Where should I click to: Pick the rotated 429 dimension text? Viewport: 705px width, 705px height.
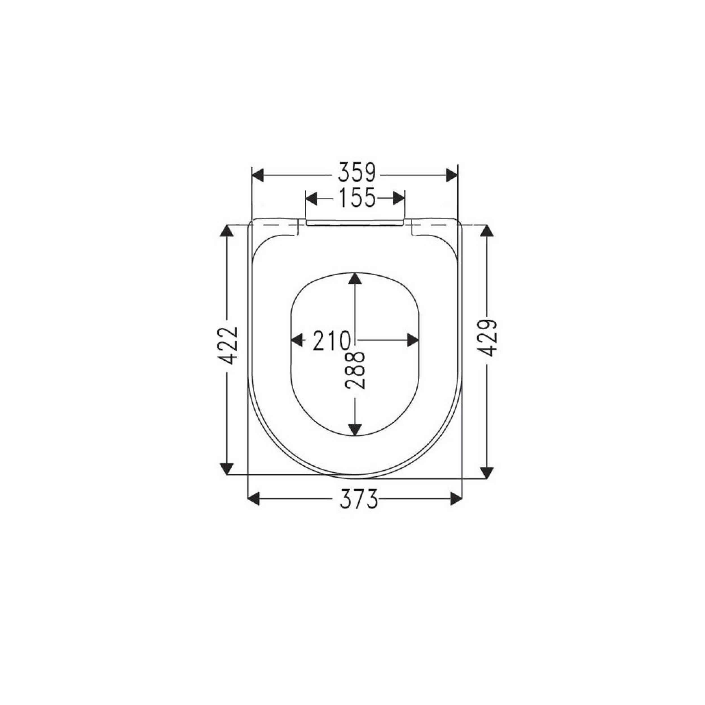(x=487, y=338)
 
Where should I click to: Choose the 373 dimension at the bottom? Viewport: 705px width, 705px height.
(x=359, y=499)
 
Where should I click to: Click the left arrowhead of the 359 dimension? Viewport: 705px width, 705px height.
(x=258, y=175)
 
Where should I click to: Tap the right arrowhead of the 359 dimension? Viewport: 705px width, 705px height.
(x=452, y=175)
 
